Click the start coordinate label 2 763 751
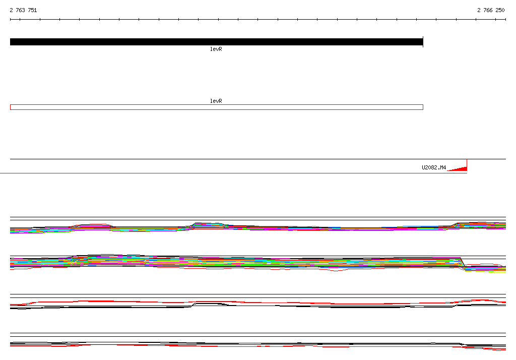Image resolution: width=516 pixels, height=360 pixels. pyautogui.click(x=23, y=10)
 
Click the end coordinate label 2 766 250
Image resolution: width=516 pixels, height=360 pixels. pyautogui.click(x=491, y=10)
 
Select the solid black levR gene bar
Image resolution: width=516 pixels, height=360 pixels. pyautogui.click(x=216, y=42)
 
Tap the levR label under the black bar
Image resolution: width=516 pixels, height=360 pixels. pyautogui.click(x=216, y=49)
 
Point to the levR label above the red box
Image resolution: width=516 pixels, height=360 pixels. pyautogui.click(x=216, y=101)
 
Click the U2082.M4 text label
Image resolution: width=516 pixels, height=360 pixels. pyautogui.click(x=434, y=168)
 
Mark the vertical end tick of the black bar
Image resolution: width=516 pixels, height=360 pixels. pyautogui.click(x=423, y=42)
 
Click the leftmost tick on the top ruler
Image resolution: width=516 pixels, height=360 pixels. pyautogui.click(x=11, y=20)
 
